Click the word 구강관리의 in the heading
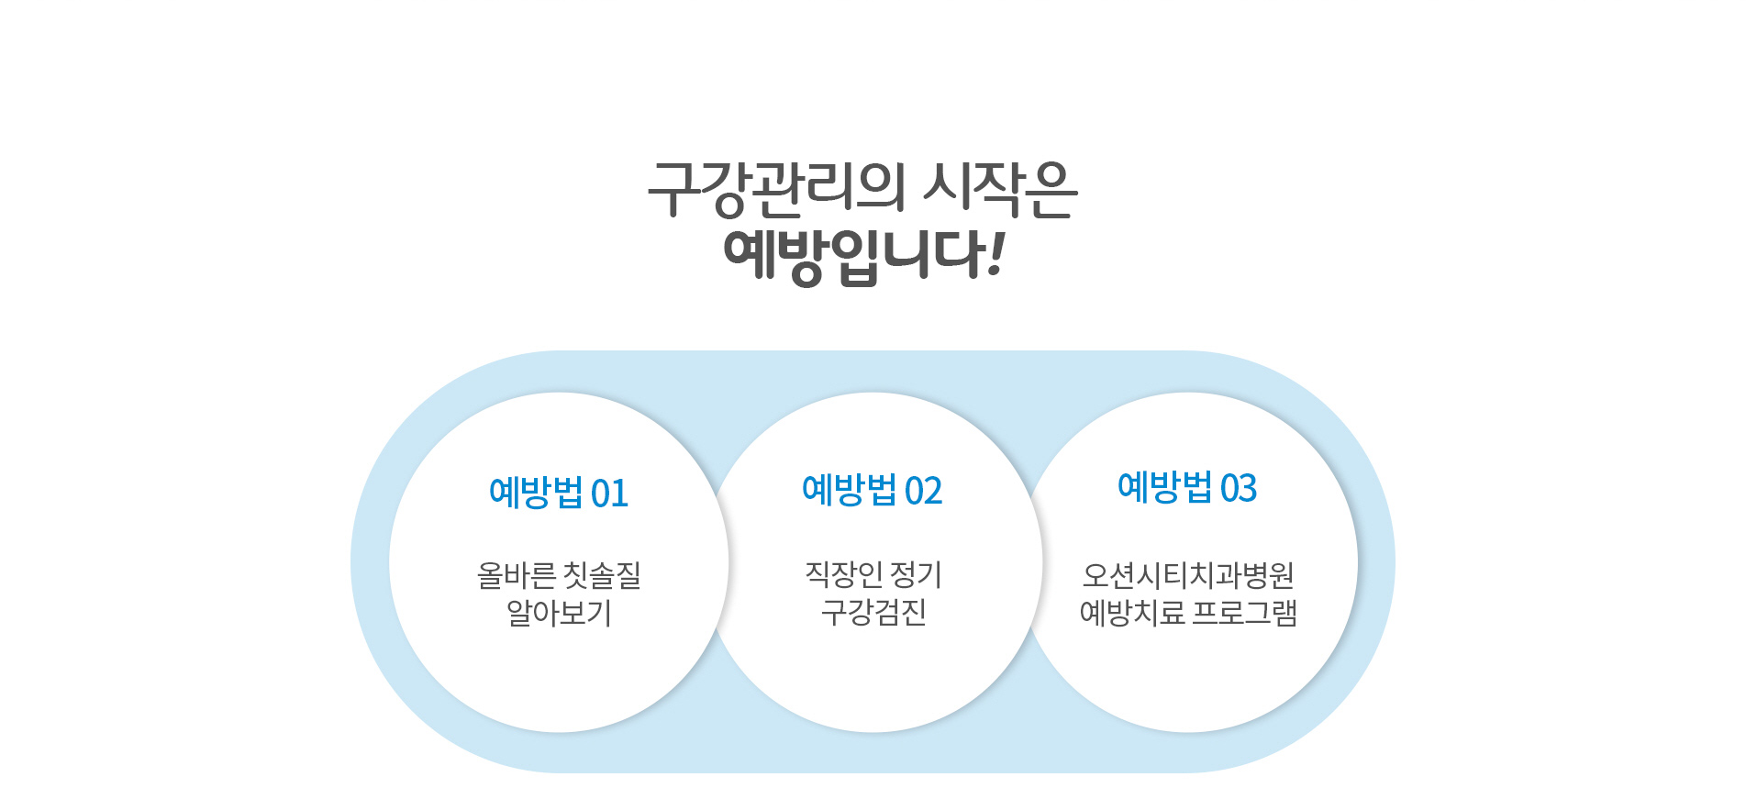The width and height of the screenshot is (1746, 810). [776, 190]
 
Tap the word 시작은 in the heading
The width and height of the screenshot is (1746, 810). [1000, 190]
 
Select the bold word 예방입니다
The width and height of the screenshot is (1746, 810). [853, 257]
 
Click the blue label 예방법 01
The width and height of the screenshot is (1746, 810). [559, 493]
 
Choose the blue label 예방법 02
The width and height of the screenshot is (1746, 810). [873, 490]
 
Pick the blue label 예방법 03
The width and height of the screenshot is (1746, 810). [1187, 487]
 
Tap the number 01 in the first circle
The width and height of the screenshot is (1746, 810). [609, 494]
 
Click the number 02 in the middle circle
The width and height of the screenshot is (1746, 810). [923, 491]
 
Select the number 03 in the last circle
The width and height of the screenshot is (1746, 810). [1239, 488]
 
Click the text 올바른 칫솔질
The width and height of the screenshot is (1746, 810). [559, 575]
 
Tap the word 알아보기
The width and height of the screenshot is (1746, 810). [559, 612]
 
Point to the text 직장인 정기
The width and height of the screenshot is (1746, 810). [873, 574]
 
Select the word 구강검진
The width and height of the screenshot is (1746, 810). [873, 611]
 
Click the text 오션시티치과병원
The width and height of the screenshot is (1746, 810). [1188, 575]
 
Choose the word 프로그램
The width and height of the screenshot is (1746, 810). [1244, 612]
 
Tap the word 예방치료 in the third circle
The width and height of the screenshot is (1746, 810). [1131, 612]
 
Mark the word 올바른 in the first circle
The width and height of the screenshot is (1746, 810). [516, 575]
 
